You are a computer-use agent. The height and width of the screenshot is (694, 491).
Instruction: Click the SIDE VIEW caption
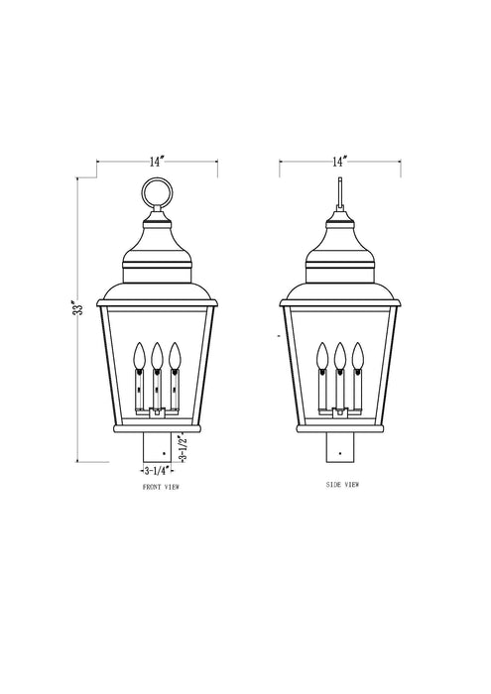(x=341, y=485)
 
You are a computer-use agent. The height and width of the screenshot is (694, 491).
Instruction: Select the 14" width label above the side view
(x=340, y=161)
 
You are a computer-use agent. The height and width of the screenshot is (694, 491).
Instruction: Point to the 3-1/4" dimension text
(x=160, y=470)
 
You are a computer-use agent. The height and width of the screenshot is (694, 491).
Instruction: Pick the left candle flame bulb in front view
(x=139, y=355)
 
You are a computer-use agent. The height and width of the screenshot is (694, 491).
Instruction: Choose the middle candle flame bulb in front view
(x=158, y=355)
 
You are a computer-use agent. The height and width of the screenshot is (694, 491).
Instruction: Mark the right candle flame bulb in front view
(x=176, y=355)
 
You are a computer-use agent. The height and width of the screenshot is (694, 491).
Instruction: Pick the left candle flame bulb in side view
(x=321, y=355)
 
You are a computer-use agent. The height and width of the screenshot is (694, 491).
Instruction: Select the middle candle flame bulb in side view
(x=341, y=355)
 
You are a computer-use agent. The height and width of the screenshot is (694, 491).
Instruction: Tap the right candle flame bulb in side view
(x=359, y=355)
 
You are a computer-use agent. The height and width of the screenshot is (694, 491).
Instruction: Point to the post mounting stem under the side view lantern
(x=341, y=448)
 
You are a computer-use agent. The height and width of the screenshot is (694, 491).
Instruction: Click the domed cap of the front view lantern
(x=158, y=248)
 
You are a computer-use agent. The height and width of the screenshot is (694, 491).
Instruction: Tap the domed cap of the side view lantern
(x=341, y=248)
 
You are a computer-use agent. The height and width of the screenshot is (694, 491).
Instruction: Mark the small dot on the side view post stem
(x=341, y=455)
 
